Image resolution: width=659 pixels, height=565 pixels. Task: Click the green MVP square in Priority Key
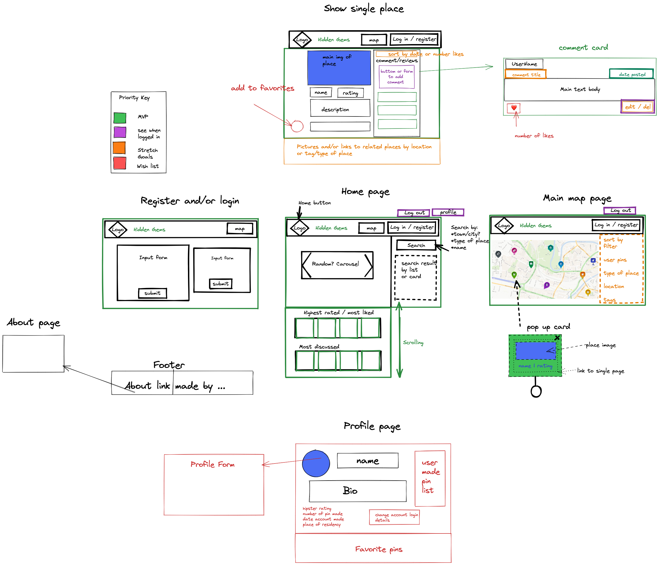coord(120,118)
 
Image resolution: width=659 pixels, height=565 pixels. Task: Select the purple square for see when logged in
coord(120,132)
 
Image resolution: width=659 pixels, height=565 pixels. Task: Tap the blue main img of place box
coord(339,68)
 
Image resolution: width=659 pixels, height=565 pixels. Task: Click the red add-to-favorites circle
coord(297,126)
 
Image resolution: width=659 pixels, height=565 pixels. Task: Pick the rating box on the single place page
coord(351,93)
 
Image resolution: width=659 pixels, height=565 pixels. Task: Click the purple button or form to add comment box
coord(397,77)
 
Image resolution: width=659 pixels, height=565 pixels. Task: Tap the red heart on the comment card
coord(514,108)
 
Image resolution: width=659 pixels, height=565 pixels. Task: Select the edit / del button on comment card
coord(637,107)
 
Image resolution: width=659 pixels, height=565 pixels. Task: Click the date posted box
coord(632,74)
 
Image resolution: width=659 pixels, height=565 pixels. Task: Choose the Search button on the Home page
coord(416,245)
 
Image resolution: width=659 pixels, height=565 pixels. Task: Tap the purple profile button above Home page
coord(448,212)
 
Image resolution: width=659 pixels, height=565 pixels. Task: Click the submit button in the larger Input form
coord(152,293)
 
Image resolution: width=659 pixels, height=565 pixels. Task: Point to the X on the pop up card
coord(557,338)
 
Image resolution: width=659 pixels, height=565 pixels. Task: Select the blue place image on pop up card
coord(536,350)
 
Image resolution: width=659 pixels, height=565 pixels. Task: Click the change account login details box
coord(394,517)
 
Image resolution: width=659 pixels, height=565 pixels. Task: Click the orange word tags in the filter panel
coord(609,300)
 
